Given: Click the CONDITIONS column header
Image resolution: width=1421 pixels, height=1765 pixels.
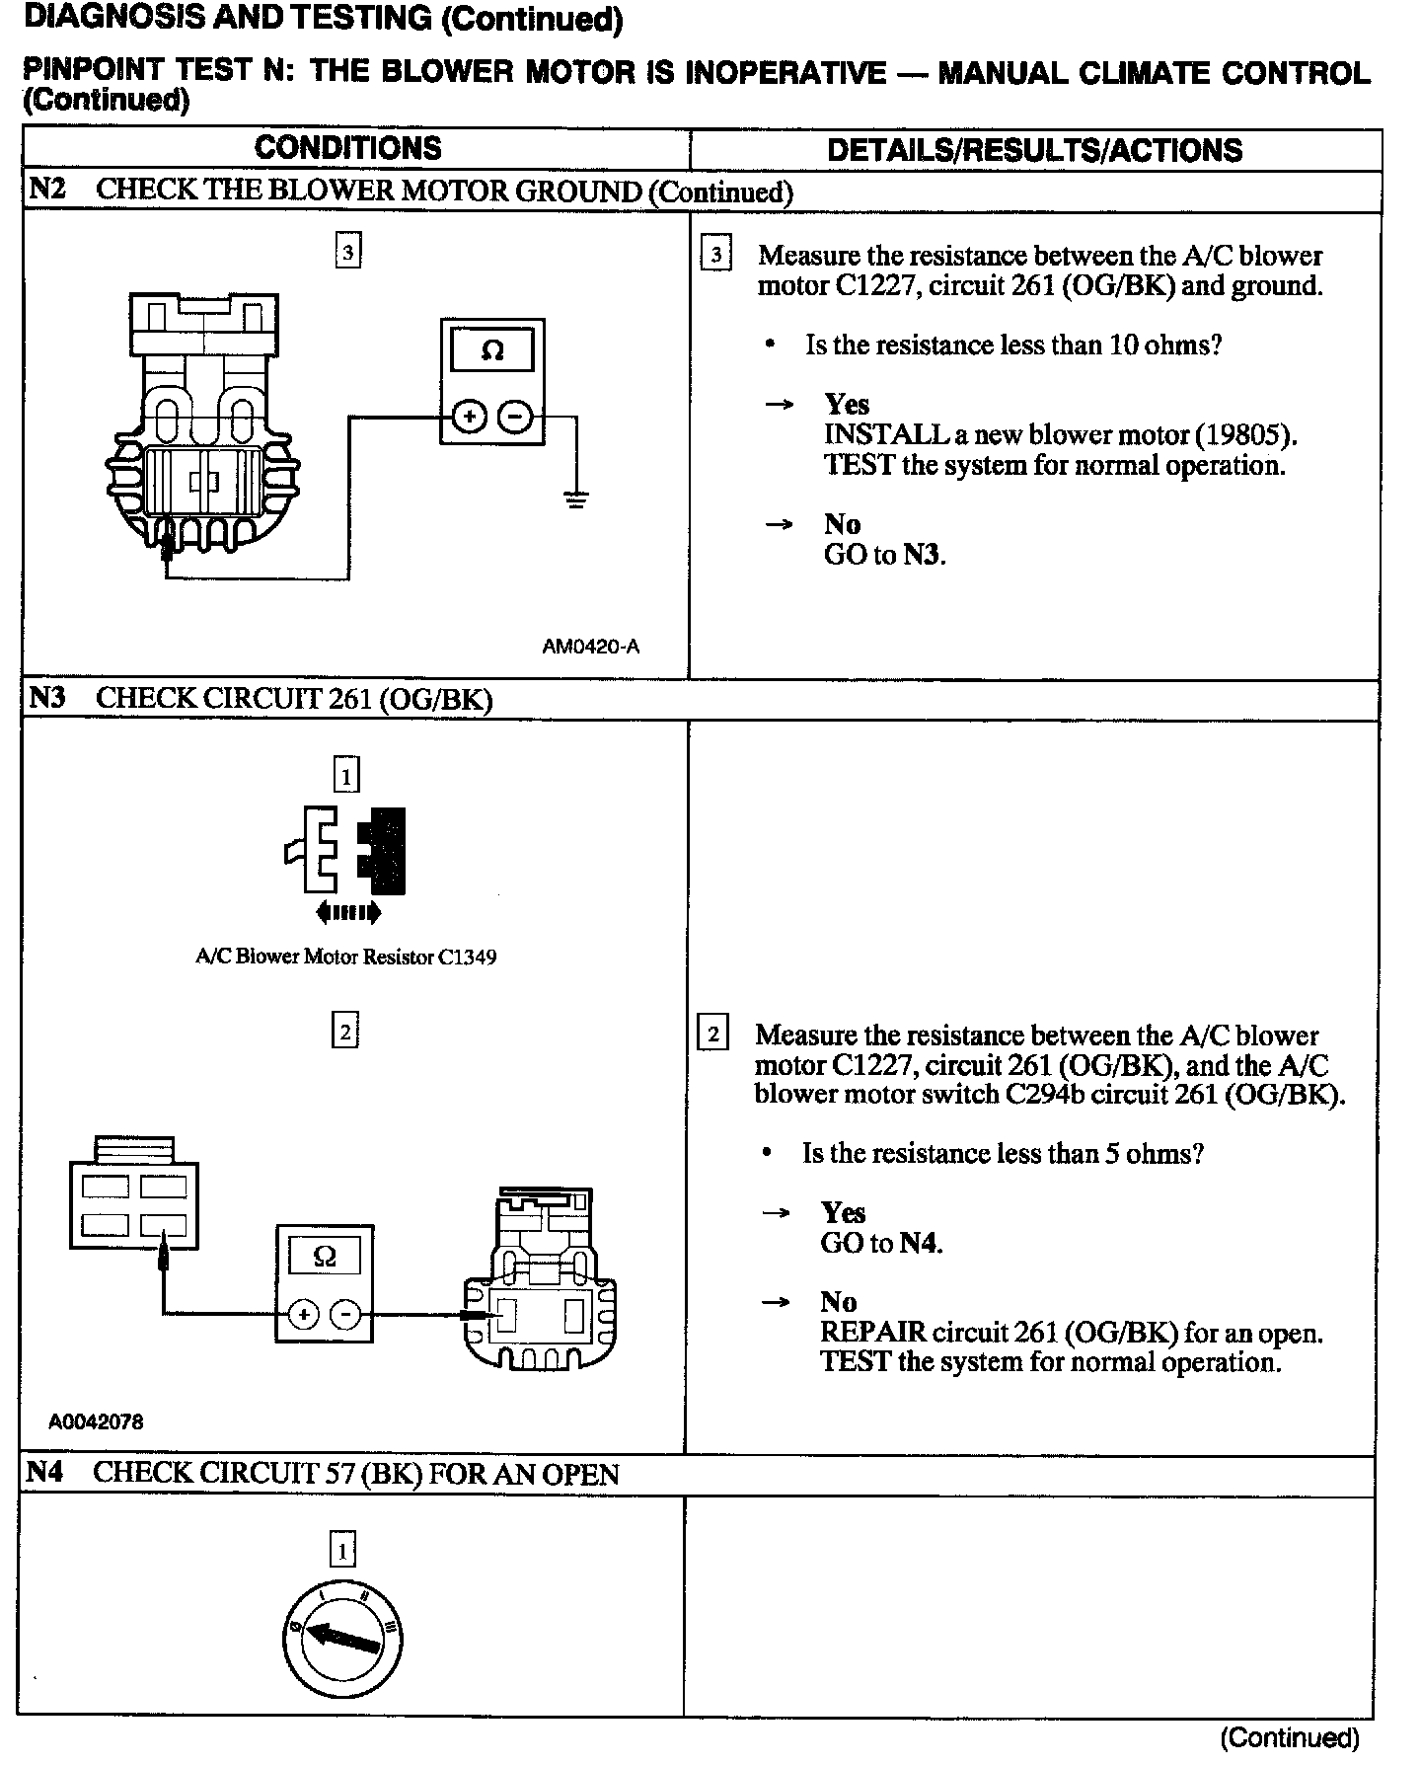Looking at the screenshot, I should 347,148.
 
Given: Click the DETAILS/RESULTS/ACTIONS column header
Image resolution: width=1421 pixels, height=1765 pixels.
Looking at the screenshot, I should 1034,150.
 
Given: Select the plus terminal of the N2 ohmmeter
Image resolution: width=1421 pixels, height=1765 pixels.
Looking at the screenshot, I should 470,418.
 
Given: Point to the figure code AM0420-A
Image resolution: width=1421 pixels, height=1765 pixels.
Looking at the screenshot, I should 590,648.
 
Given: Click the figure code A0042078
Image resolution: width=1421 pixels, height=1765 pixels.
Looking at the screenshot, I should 96,1422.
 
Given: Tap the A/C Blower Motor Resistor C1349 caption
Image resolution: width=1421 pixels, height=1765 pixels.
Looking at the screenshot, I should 345,957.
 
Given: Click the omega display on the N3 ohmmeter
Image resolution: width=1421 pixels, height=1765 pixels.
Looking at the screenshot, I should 324,1257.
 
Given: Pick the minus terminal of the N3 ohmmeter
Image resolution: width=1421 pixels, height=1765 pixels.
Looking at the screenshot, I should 345,1314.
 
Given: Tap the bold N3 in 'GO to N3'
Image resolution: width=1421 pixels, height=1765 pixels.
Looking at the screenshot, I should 922,555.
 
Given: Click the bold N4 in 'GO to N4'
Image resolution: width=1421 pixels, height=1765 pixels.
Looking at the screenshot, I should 918,1243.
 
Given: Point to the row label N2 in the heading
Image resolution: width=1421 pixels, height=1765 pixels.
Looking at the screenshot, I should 47,190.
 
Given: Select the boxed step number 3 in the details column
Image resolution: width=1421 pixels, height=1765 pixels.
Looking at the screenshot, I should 714,256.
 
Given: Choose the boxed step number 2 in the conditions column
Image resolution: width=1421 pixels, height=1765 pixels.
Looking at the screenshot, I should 344,1033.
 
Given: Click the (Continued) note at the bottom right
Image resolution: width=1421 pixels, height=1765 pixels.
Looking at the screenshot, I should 1289,1736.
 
